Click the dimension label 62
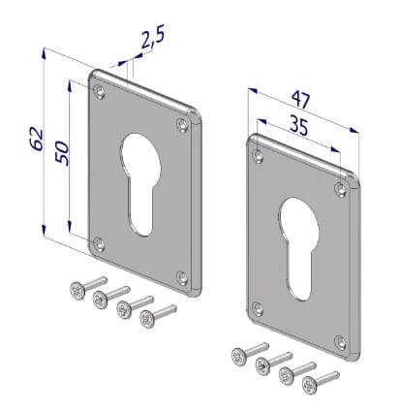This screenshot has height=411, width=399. coord(37,140)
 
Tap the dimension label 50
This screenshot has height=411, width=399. coord(62,153)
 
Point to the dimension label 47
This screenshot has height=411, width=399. coord(301,100)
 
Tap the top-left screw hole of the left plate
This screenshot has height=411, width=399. coord(100,91)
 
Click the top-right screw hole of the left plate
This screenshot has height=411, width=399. coord(183,125)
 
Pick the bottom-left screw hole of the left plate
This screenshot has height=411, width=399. coord(99,243)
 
